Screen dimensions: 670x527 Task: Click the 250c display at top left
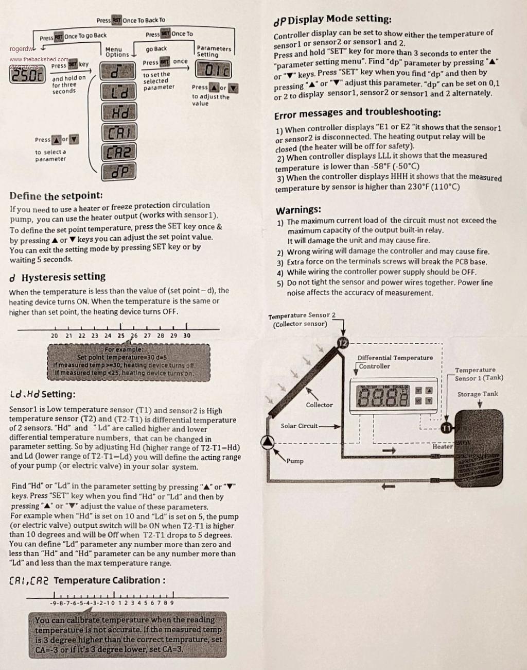coord(26,75)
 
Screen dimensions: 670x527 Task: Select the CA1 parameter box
coord(119,132)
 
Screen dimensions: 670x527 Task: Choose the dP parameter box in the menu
coord(119,171)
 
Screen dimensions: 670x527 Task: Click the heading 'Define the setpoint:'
coord(56,196)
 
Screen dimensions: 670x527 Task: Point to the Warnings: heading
coord(298,210)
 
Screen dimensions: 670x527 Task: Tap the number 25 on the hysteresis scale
coord(121,336)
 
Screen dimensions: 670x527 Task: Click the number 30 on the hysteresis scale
coord(186,336)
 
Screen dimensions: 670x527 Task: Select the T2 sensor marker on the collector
coord(343,343)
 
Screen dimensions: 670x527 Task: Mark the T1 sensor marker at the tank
coord(446,428)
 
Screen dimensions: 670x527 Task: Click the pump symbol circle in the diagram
coord(268,442)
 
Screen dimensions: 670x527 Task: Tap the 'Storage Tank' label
coord(478,394)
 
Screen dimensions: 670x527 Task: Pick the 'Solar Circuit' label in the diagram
coord(299,426)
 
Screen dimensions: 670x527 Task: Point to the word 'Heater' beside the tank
coord(442,447)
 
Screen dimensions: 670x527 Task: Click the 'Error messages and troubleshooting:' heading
coord(357,113)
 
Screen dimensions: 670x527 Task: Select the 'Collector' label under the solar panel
coord(319,405)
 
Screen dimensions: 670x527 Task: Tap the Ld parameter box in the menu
coord(119,92)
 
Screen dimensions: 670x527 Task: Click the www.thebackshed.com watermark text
coord(39,59)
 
